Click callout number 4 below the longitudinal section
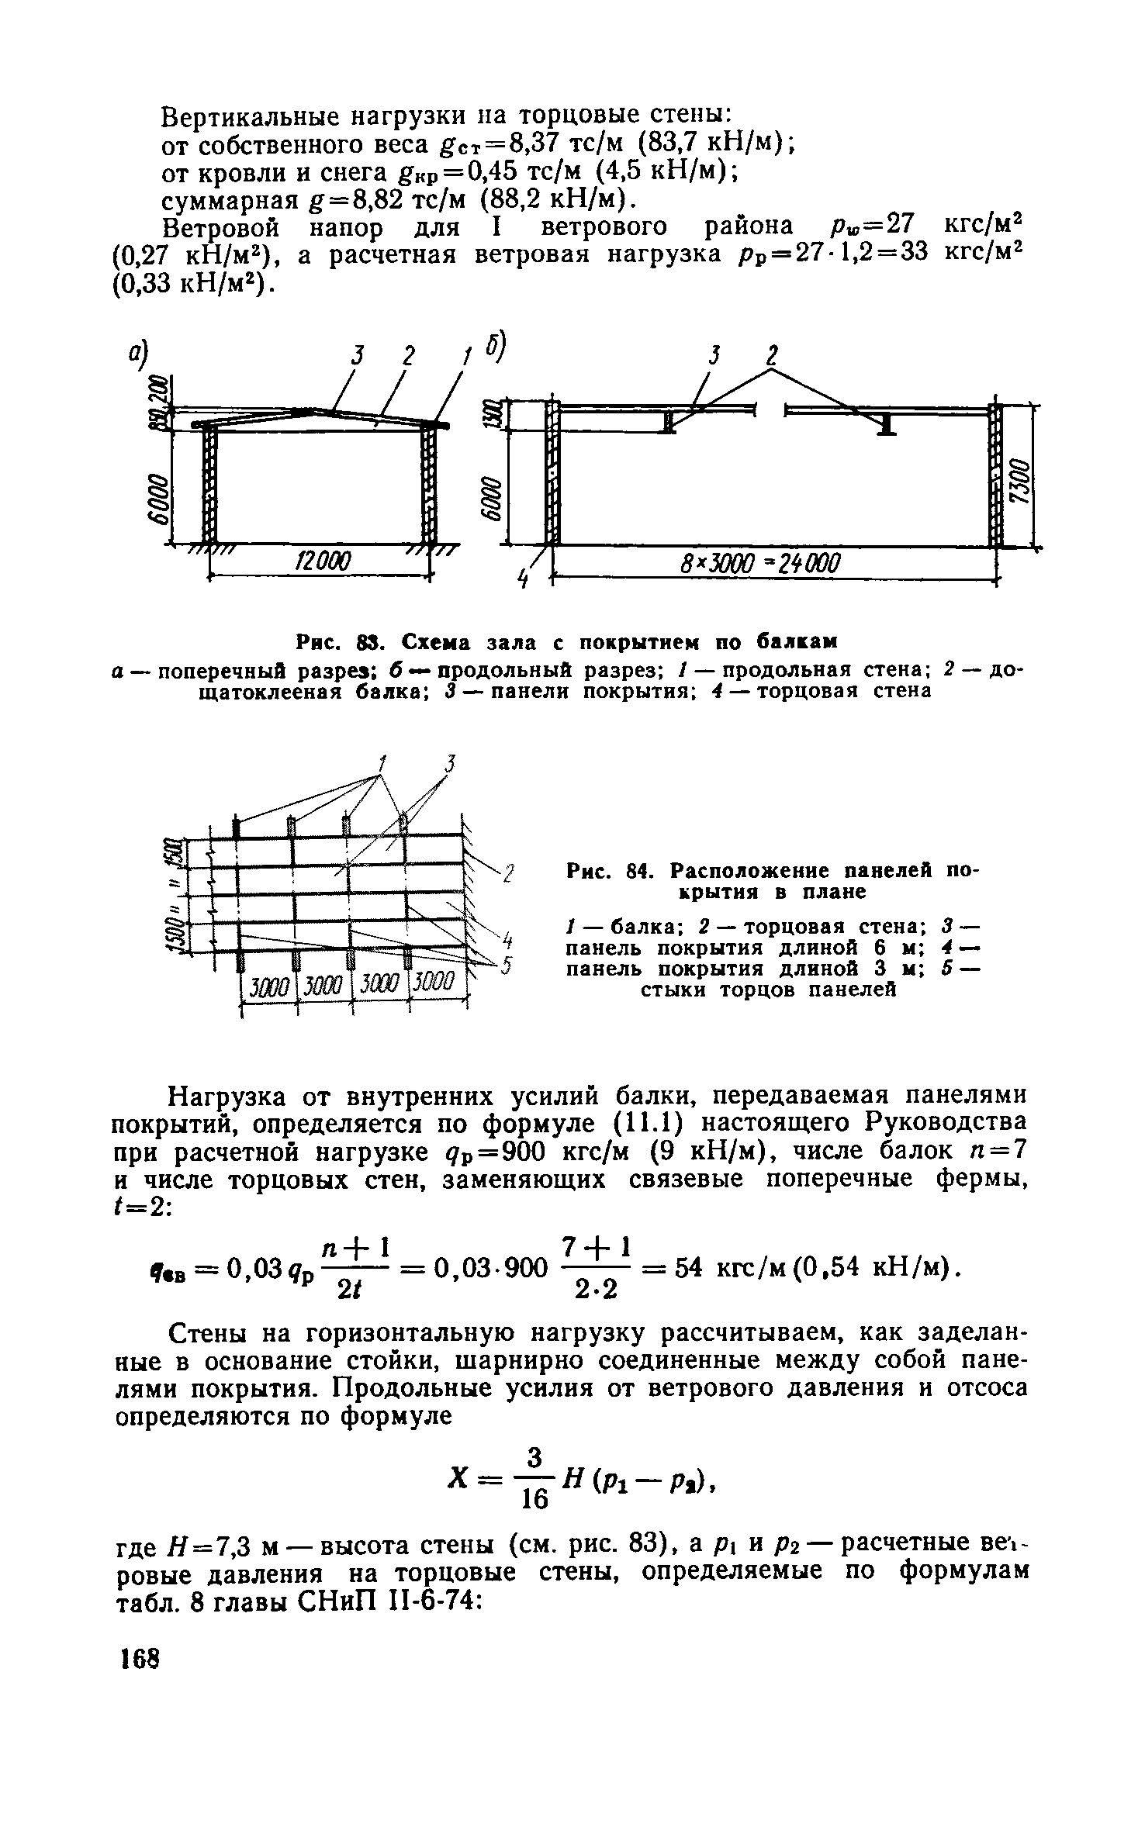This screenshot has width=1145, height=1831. [524, 578]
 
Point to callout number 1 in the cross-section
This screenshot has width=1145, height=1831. [467, 358]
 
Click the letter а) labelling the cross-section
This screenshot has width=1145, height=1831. [140, 353]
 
